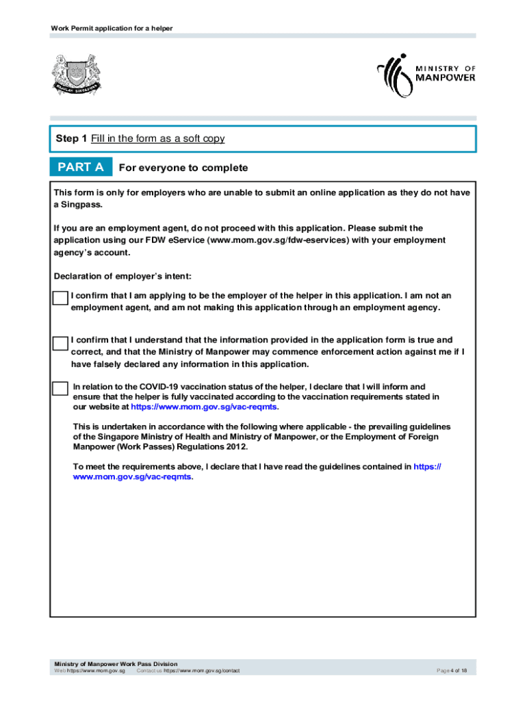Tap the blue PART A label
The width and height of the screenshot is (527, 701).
(x=81, y=168)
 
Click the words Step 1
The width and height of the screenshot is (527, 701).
(x=71, y=139)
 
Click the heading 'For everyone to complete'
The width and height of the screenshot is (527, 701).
(x=183, y=168)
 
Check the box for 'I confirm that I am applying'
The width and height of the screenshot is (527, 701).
(x=61, y=298)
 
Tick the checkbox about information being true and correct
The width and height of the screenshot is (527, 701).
(x=61, y=342)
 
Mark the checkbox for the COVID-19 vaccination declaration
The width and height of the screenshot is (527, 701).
(x=61, y=388)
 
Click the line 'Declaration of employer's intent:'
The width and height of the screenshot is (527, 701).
(x=123, y=277)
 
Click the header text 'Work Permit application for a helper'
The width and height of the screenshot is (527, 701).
(x=112, y=28)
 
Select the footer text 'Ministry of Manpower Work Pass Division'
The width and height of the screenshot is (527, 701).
(x=116, y=664)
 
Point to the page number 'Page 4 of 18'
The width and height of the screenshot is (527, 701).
(x=452, y=672)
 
